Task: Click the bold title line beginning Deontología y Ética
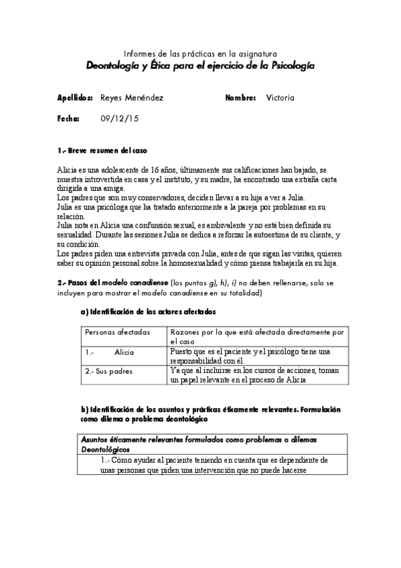(x=200, y=66)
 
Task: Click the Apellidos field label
(x=75, y=98)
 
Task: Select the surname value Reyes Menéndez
(x=131, y=98)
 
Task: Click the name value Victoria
(x=280, y=98)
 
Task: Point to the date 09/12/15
(x=116, y=119)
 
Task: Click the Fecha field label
(x=69, y=119)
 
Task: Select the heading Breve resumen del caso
(x=106, y=150)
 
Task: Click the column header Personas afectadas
(x=117, y=332)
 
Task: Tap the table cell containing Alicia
(x=124, y=352)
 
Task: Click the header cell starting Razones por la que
(x=257, y=336)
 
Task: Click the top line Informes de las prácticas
(x=200, y=54)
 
